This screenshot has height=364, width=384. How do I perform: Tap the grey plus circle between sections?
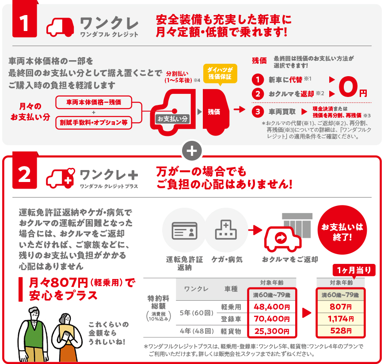(192, 151)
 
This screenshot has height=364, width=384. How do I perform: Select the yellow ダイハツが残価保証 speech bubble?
(220, 74)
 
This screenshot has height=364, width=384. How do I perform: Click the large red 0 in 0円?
(348, 86)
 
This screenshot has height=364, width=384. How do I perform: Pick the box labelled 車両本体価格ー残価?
(94, 102)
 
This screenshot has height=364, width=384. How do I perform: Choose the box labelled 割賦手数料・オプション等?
(94, 123)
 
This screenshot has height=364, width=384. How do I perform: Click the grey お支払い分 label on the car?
(172, 119)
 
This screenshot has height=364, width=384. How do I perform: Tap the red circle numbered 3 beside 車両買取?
(258, 112)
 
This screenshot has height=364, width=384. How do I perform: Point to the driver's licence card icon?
(184, 231)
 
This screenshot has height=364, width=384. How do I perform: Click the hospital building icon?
(226, 230)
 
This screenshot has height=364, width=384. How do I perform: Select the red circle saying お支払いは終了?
(342, 230)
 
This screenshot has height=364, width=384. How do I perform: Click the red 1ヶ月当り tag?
(354, 270)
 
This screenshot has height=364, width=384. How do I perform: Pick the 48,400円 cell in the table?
(272, 307)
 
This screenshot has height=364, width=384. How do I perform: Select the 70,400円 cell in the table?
(272, 319)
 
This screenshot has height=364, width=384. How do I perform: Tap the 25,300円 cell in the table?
(272, 331)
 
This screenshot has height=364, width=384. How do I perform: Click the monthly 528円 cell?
(341, 331)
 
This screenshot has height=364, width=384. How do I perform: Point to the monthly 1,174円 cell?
(341, 319)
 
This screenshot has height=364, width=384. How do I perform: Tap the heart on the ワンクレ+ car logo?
(71, 171)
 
